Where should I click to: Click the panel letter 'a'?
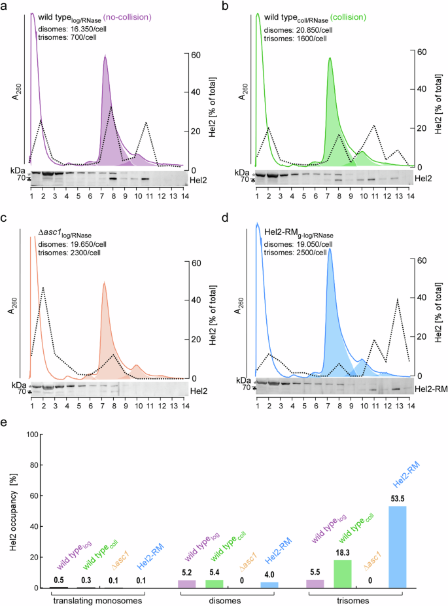5,6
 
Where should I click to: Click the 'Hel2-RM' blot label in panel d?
429,389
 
